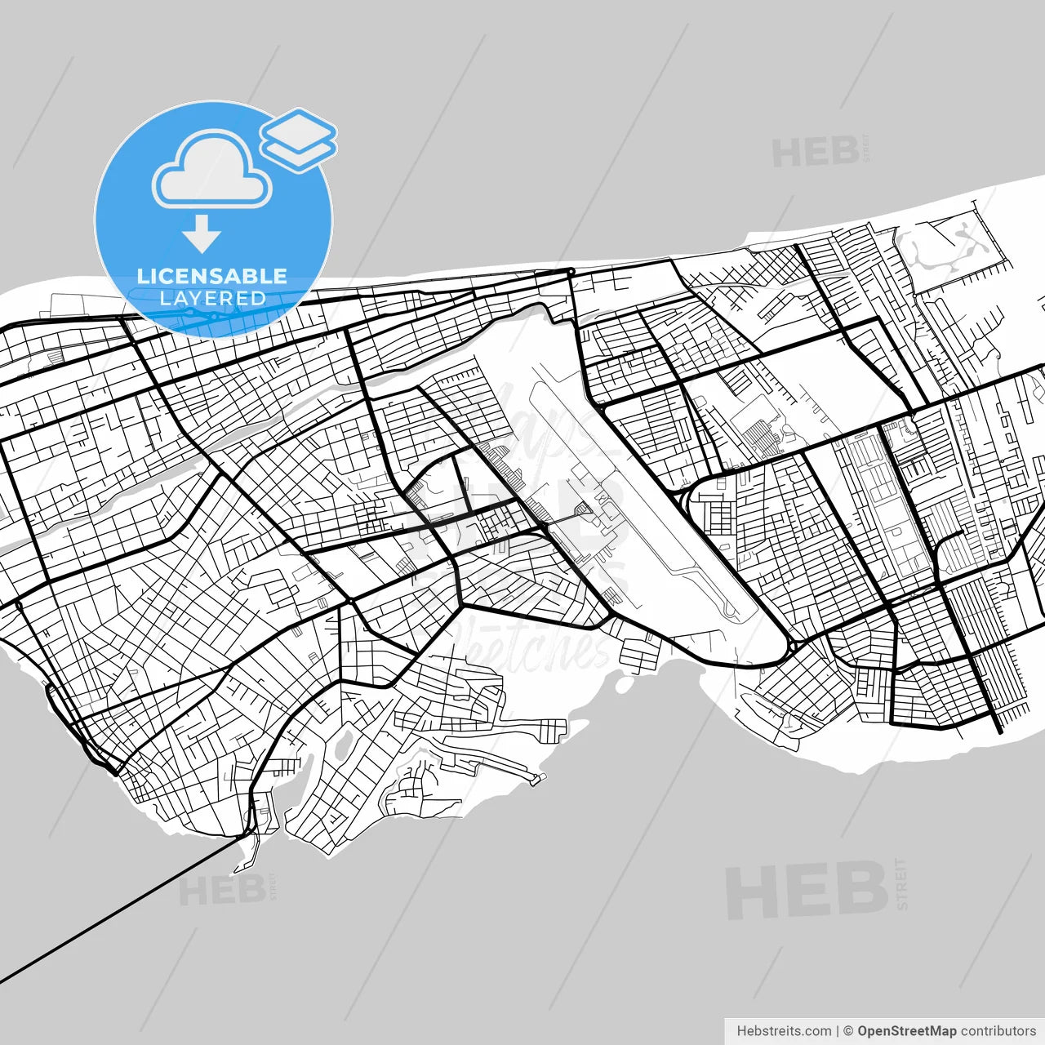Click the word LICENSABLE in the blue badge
click(212, 276)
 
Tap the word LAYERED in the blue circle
click(212, 298)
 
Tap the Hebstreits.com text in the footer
click(784, 1031)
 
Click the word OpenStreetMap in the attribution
click(906, 1031)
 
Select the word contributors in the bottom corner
click(998, 1031)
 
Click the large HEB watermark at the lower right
click(806, 890)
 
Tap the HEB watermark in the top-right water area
click(815, 153)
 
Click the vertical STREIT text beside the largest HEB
click(901, 883)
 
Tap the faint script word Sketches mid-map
click(531, 645)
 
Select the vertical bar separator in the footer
click(838, 1031)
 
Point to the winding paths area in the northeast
click(947, 245)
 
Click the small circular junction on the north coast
click(571, 271)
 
